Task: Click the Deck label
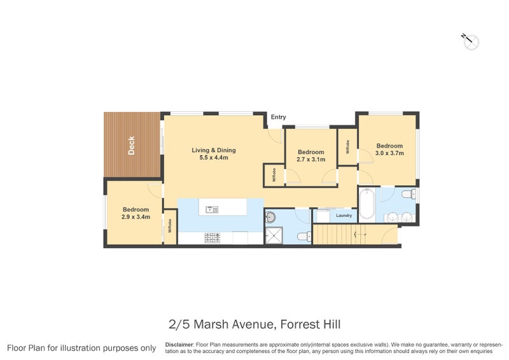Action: [x=131, y=146]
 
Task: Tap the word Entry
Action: [x=278, y=117]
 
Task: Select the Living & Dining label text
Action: [x=214, y=150]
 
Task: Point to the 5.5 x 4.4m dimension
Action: [x=214, y=158]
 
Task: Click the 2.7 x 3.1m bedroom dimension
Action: [x=311, y=160]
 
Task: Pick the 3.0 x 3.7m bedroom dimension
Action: [x=389, y=153]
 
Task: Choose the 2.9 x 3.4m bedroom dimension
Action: [x=136, y=217]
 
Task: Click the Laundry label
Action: [x=344, y=216]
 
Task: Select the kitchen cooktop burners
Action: [x=211, y=239]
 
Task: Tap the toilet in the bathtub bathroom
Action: [x=408, y=194]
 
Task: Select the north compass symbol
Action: [x=471, y=42]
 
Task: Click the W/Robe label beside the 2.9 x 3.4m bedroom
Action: [x=170, y=225]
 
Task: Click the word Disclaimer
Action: [x=179, y=344]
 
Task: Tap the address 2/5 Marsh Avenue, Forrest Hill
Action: [x=255, y=325]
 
